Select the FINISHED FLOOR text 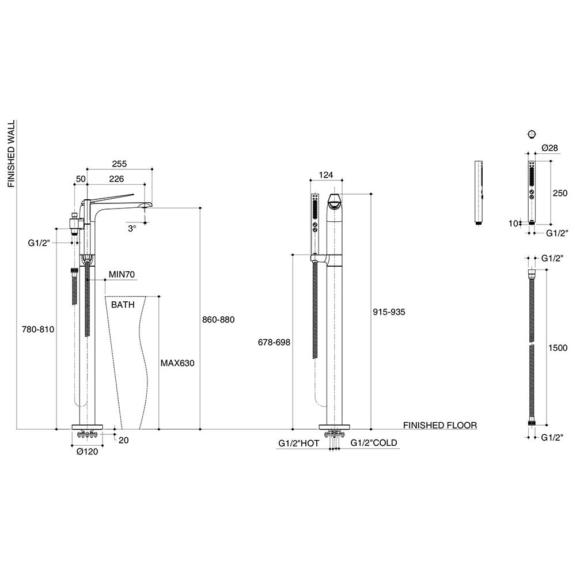coord(439,426)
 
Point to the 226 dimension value coord(116,179)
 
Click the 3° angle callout coord(132,228)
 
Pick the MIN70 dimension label coord(122,275)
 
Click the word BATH coord(123,304)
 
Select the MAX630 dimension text coord(177,363)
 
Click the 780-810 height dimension coord(39,329)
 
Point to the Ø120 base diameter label coord(88,452)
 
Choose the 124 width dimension coord(325,175)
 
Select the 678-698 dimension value coord(274,342)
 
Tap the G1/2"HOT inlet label coord(298,443)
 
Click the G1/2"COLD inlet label coord(374,443)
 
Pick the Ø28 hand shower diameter coord(551,149)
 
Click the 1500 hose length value coord(558,348)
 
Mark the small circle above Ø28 coord(530,134)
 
